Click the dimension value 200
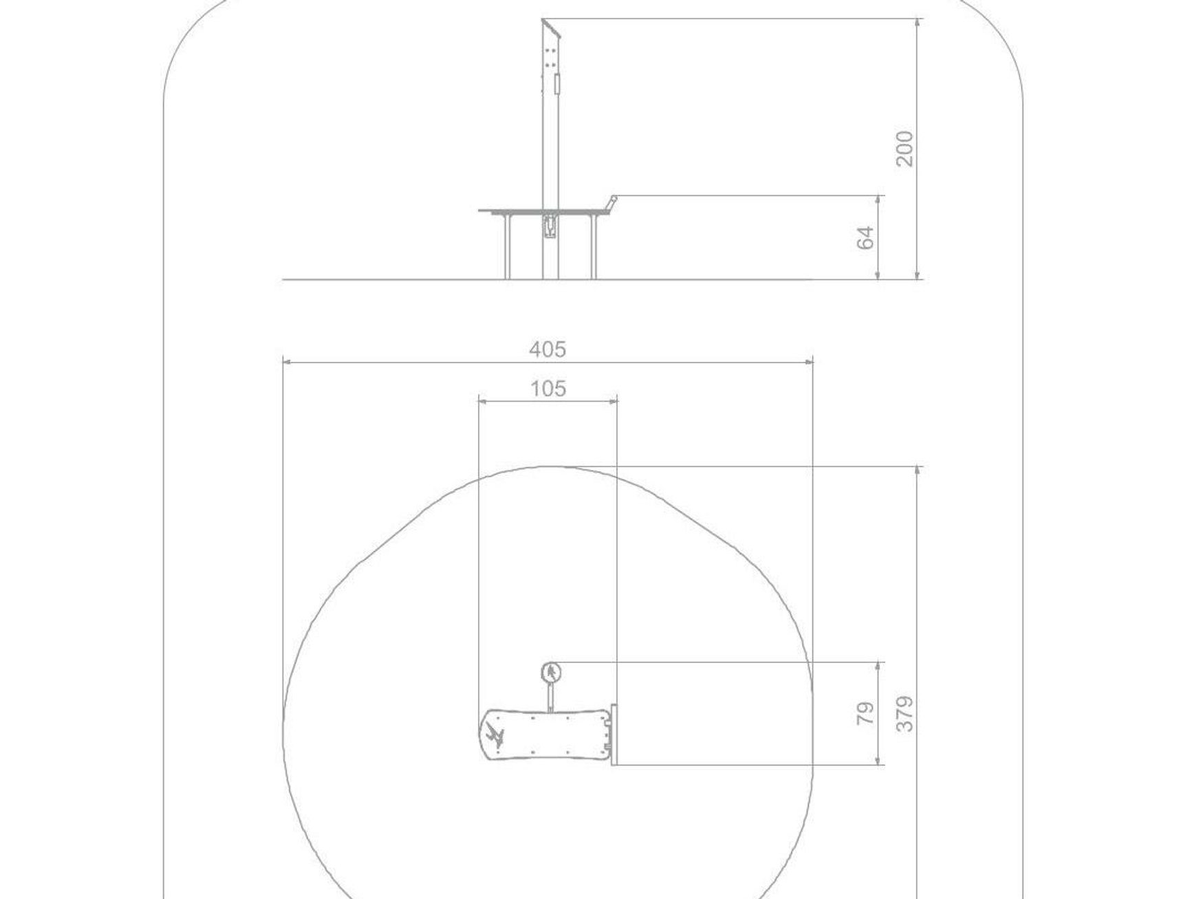point(905,148)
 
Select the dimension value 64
point(866,237)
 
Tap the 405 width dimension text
point(548,349)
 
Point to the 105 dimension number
point(548,389)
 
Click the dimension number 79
point(866,713)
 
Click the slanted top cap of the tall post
point(552,29)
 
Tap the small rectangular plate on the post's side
point(557,85)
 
